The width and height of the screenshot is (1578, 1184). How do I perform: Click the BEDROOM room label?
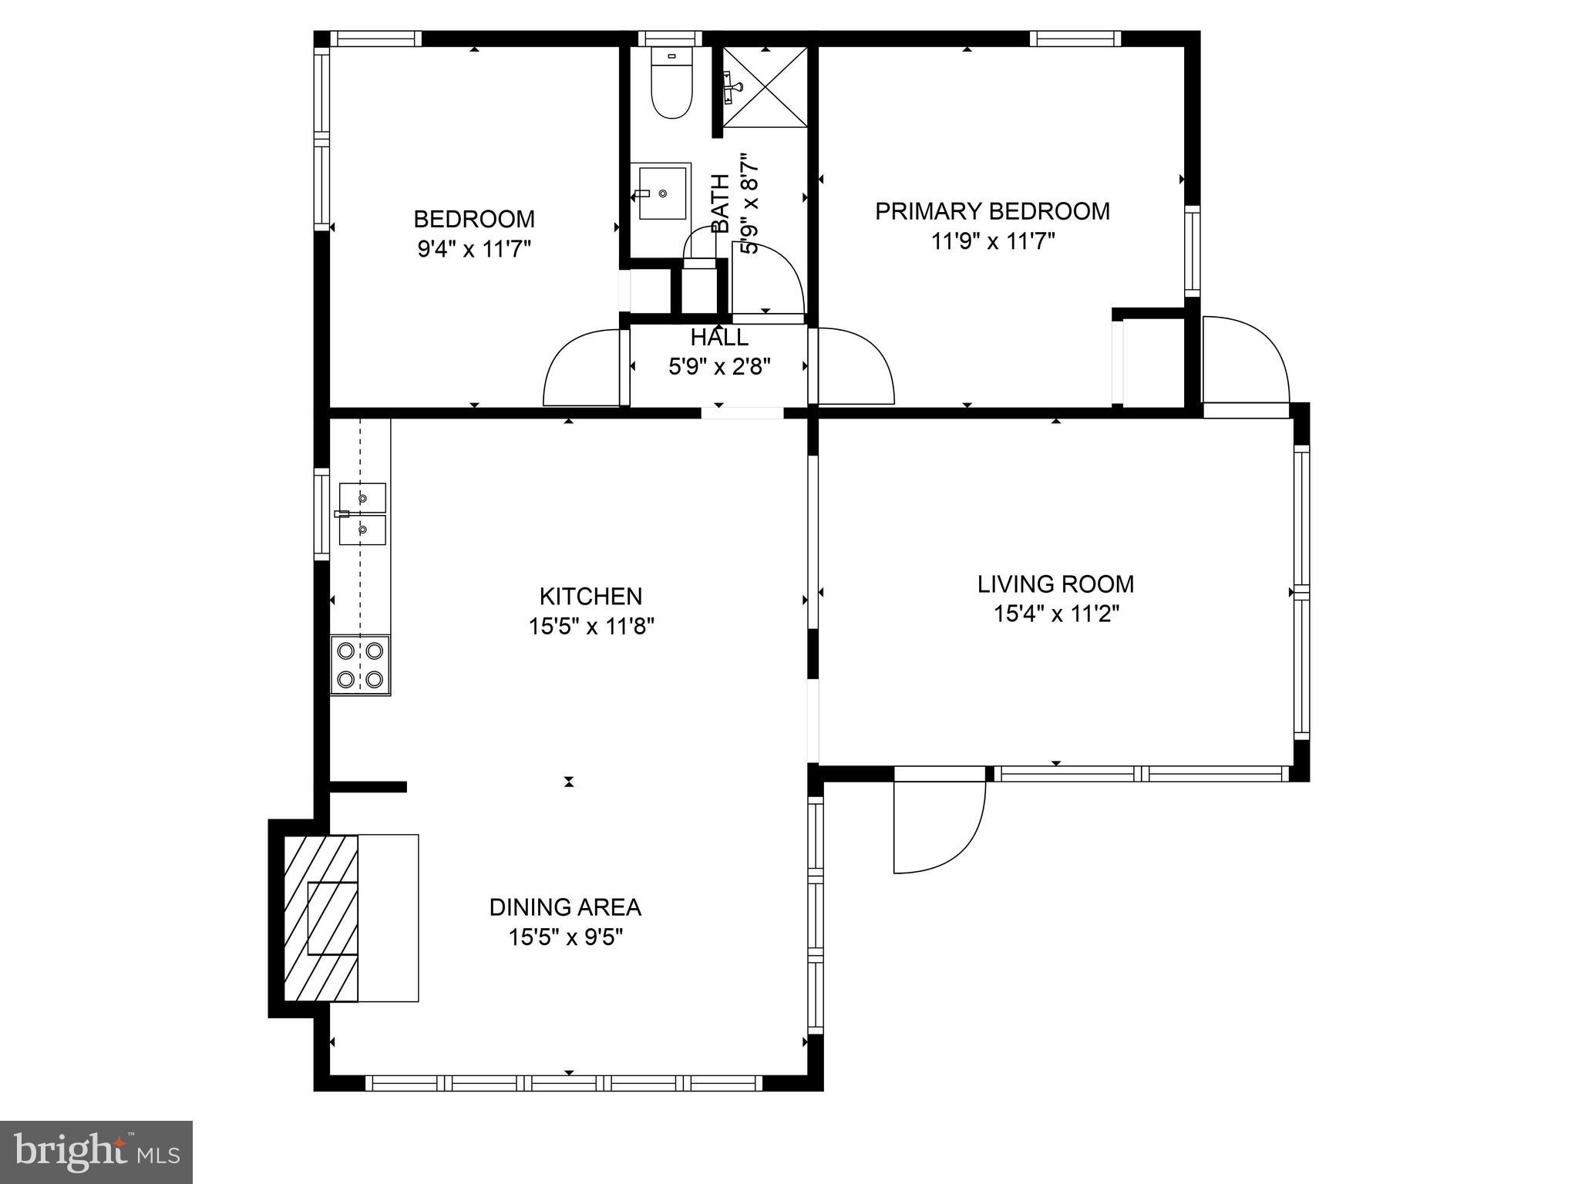pos(474,219)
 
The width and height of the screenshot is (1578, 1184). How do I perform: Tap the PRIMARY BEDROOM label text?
pos(992,211)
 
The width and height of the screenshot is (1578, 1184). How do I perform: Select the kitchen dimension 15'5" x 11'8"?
pos(591,627)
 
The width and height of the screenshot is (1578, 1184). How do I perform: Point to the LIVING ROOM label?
pos(1055,584)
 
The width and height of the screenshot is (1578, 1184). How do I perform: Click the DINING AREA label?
pos(565,907)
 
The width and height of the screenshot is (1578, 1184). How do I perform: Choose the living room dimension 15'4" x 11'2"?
pos(1055,614)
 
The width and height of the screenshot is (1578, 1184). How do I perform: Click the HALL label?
pos(718,338)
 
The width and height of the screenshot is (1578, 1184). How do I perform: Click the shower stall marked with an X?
pos(765,86)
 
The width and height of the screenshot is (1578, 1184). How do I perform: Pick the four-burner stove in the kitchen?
pos(360,665)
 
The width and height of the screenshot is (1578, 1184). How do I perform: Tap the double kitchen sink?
pos(362,514)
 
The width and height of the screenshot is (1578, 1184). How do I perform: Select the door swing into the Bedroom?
pos(578,370)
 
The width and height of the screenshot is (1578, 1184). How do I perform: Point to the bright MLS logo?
pos(96,1152)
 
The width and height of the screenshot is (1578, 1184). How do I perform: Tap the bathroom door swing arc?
pos(771,277)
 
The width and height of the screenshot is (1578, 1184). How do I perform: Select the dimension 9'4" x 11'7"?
pos(474,249)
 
